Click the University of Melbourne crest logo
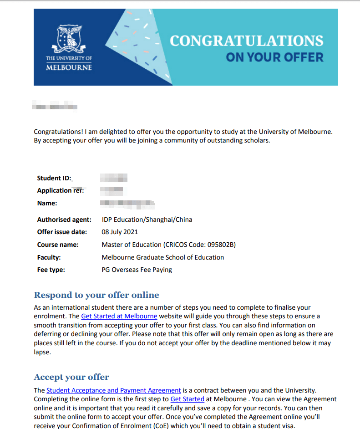click(69, 39)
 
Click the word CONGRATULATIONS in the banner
click(246, 41)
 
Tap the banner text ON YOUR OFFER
click(274, 57)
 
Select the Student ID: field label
click(54, 178)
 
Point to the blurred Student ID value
click(113, 178)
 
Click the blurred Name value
click(127, 203)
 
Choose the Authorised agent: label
click(64, 220)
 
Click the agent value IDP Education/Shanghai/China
click(147, 220)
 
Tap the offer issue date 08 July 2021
click(120, 232)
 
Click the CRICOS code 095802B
click(219, 245)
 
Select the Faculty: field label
click(49, 257)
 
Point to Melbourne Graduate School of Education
click(162, 257)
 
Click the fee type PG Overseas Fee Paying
click(137, 270)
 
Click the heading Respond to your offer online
click(96, 295)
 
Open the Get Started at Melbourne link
click(119, 316)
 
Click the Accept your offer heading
click(71, 377)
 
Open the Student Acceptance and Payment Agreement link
click(114, 390)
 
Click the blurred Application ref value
click(112, 190)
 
